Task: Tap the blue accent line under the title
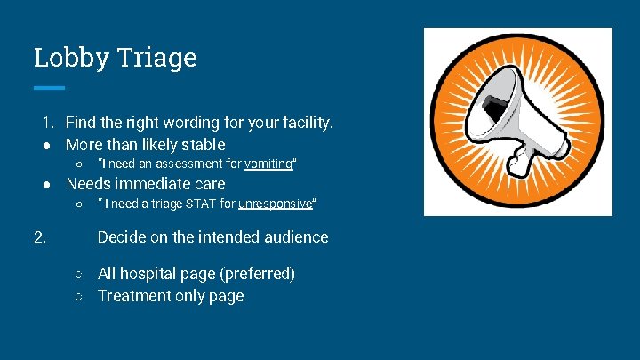coord(49,88)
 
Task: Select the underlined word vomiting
coord(268,164)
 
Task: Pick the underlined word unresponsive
coord(276,204)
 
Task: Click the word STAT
coord(196,204)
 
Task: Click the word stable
coord(203,144)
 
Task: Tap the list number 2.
coord(40,237)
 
